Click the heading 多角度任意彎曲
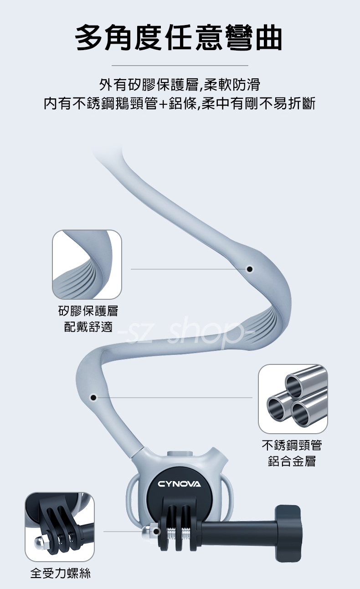coord(179,38)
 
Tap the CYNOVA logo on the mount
coord(179,483)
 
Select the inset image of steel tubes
coord(293,399)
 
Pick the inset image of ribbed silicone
coord(87,264)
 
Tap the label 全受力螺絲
coord(60,573)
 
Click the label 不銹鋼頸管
coord(292,445)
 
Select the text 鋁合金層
coord(292,461)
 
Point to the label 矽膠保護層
coord(88,311)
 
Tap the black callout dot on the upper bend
coord(250,269)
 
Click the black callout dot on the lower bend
coord(93,398)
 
